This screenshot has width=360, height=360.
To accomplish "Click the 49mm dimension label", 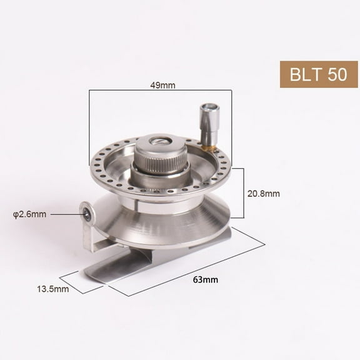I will (164, 85).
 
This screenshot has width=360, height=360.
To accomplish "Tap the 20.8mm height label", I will (264, 194).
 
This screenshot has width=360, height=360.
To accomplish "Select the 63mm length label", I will (209, 279).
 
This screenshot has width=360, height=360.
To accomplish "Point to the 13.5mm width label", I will (52, 289).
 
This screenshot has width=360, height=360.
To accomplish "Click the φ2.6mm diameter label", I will (30, 214).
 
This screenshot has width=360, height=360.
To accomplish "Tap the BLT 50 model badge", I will (318, 74).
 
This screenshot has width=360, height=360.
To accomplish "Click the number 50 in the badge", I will (336, 74).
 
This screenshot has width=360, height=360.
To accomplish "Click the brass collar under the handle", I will (209, 147).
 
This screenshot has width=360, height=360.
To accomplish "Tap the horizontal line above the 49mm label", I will (160, 91).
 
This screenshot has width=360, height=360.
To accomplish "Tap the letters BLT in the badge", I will (304, 74).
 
